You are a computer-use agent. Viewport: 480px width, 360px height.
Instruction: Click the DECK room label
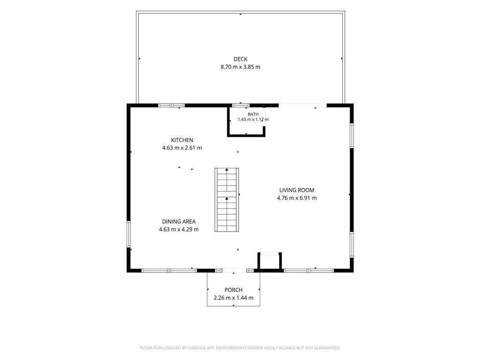(x=240, y=59)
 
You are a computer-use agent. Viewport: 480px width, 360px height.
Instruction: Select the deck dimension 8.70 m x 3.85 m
(x=240, y=67)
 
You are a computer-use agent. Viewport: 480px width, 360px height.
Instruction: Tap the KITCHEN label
(x=182, y=140)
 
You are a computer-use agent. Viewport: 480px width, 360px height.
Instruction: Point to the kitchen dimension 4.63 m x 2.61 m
(x=182, y=148)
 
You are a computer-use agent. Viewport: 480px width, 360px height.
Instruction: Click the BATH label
(x=253, y=114)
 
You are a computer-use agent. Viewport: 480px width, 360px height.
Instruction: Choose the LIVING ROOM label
(x=297, y=190)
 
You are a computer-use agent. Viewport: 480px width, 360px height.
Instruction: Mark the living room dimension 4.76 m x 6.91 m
(x=297, y=198)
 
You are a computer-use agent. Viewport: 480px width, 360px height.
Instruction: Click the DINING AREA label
(x=179, y=221)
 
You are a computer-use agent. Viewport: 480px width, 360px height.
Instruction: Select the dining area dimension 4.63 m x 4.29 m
(x=179, y=229)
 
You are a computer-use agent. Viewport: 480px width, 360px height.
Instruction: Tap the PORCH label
(x=233, y=290)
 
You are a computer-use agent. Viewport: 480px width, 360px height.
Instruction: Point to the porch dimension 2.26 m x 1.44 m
(x=233, y=298)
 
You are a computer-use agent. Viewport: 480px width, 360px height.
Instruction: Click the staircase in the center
(x=226, y=200)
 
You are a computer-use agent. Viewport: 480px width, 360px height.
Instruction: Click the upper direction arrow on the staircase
(x=227, y=169)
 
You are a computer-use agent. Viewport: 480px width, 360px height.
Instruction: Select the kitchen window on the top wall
(x=172, y=105)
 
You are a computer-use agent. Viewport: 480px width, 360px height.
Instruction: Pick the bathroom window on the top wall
(x=240, y=105)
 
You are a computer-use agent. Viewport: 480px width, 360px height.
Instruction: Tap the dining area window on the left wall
(x=129, y=234)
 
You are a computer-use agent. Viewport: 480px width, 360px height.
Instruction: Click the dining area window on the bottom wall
(x=169, y=270)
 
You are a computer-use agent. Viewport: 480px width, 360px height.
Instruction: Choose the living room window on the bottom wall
(x=308, y=270)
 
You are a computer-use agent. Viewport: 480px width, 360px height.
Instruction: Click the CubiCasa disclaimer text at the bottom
(x=240, y=348)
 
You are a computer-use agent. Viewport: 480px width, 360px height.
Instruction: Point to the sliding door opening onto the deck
(x=302, y=105)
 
